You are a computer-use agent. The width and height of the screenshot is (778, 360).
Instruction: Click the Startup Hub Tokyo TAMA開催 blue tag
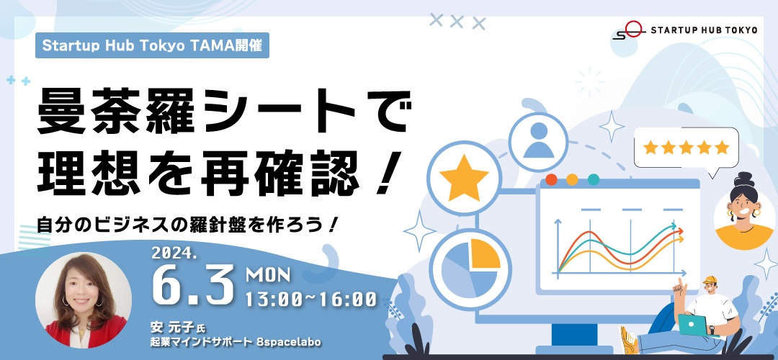pyautogui.click(x=152, y=45)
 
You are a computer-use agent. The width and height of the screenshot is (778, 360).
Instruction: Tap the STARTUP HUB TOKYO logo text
pyautogui.click(x=704, y=30)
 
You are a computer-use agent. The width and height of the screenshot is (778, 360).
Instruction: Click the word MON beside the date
pyautogui.click(x=268, y=274)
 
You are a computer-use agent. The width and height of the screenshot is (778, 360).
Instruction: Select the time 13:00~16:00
pyautogui.click(x=311, y=299)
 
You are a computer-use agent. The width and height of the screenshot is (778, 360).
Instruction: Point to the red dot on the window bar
pyautogui.click(x=551, y=179)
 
